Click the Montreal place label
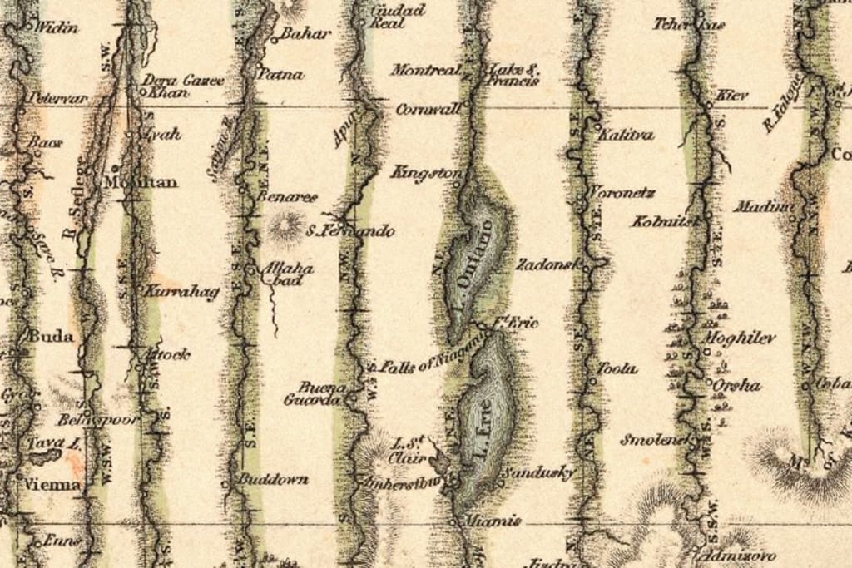coord(425,71)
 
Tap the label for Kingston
coord(426,173)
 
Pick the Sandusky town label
coord(539,473)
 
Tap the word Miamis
coord(493,521)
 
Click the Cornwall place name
coord(428,109)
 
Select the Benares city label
coord(288,197)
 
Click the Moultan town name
coord(141,181)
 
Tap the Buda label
coord(51,337)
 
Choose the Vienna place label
coord(53,484)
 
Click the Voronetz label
coord(622,193)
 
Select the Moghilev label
coord(740,338)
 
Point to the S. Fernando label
coord(350,230)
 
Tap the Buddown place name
coord(273,479)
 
